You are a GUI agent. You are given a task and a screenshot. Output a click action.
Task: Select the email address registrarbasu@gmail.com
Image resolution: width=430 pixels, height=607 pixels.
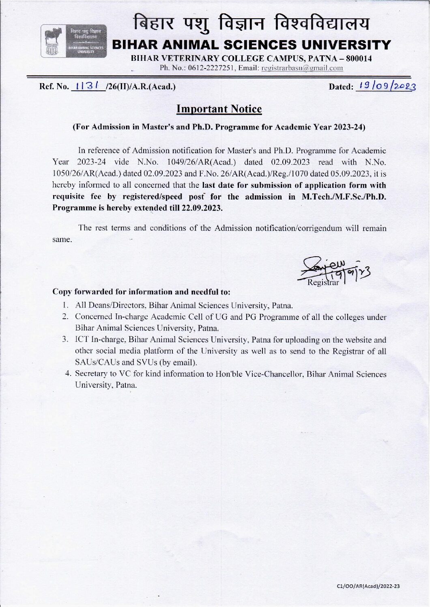click(302, 68)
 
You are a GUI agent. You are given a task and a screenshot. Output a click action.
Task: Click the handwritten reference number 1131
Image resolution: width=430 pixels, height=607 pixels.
click(86, 86)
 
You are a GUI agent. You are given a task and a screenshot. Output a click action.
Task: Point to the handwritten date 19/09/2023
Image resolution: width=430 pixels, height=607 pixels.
click(385, 86)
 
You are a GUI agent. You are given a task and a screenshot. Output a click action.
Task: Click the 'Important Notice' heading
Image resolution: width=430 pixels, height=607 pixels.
click(219, 109)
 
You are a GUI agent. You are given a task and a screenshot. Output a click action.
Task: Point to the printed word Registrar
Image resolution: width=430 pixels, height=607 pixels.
click(322, 282)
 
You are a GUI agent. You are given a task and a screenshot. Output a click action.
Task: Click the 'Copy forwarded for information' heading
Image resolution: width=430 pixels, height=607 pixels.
click(142, 292)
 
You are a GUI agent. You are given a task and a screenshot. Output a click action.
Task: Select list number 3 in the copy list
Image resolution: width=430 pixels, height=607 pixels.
click(65, 340)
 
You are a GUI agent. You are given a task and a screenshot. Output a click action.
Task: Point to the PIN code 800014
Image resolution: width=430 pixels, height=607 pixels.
click(357, 58)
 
